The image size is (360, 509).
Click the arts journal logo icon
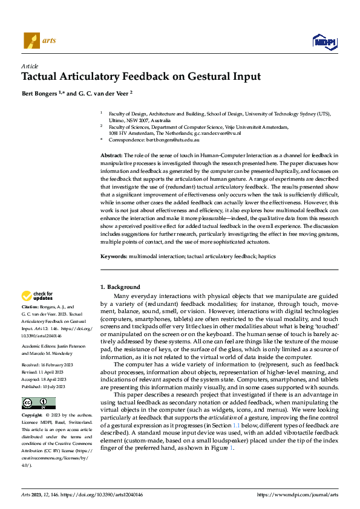coord(31,41)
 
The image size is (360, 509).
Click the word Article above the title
coord(30,66)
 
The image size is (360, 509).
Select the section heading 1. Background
coord(120,287)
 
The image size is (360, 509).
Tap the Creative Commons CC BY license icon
coord(38,403)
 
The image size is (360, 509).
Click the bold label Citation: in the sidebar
coord(32,307)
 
